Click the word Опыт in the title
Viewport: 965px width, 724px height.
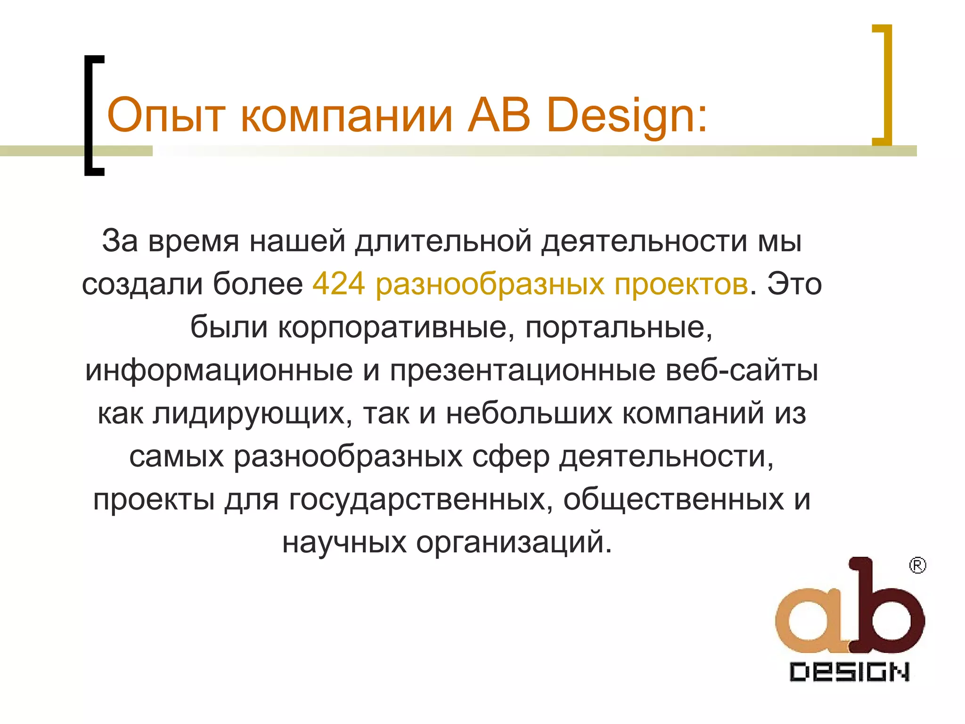point(165,115)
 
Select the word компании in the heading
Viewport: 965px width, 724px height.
point(347,115)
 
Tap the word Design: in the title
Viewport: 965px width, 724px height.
point(627,115)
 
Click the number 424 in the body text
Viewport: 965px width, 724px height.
point(339,284)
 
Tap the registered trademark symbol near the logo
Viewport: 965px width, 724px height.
point(917,565)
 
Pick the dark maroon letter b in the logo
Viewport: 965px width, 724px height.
point(886,608)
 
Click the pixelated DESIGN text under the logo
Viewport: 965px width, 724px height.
point(849,672)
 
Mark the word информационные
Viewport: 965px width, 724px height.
point(219,370)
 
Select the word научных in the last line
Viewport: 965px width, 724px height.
point(344,543)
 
